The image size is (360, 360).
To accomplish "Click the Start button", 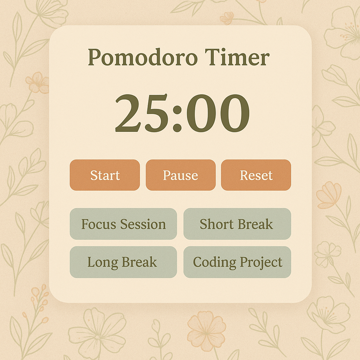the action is click(105, 175).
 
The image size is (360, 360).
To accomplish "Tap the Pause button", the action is click(181, 175).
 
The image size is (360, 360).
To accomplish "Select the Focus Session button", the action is click(123, 224).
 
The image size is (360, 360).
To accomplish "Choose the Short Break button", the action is click(237, 224).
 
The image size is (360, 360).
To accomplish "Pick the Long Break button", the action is click(123, 262).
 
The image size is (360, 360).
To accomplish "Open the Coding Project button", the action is click(237, 262).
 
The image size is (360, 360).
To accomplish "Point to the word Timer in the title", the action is click(237, 57).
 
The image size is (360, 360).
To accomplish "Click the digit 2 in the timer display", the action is click(128, 113).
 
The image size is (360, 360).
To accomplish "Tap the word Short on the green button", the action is click(217, 224).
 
